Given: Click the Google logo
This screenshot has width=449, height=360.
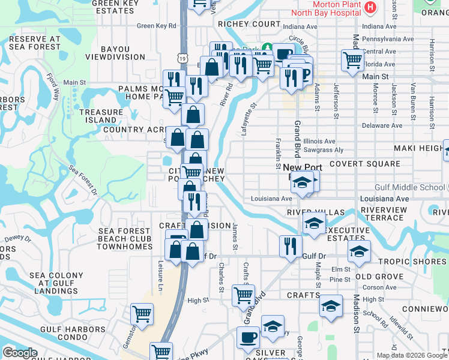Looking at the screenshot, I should click(x=20, y=352).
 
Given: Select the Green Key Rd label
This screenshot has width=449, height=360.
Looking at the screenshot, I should click(x=156, y=26).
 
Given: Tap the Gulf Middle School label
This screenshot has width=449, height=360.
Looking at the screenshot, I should click(x=411, y=187).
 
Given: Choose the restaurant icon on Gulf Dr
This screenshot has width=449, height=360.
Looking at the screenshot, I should click(x=290, y=247).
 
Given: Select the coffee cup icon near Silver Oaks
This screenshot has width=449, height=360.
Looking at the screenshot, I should click(x=248, y=337).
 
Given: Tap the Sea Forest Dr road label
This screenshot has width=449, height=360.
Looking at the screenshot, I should click(x=83, y=180).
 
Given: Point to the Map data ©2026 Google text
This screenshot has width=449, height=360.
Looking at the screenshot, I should click(x=412, y=355).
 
